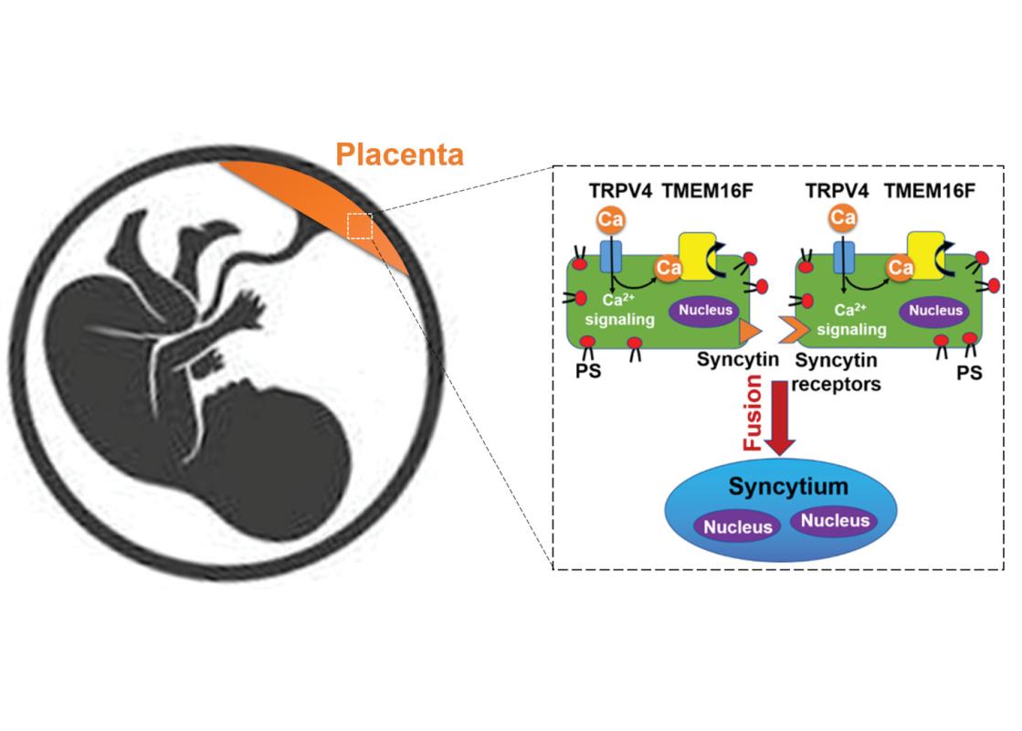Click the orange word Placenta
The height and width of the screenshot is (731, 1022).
point(399,153)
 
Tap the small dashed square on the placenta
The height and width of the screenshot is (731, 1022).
point(360,226)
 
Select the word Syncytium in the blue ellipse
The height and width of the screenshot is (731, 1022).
point(774,487)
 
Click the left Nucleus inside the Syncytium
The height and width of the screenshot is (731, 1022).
point(736,525)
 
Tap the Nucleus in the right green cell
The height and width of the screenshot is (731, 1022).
point(936,310)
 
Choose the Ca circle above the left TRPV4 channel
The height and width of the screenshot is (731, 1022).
point(609,220)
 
